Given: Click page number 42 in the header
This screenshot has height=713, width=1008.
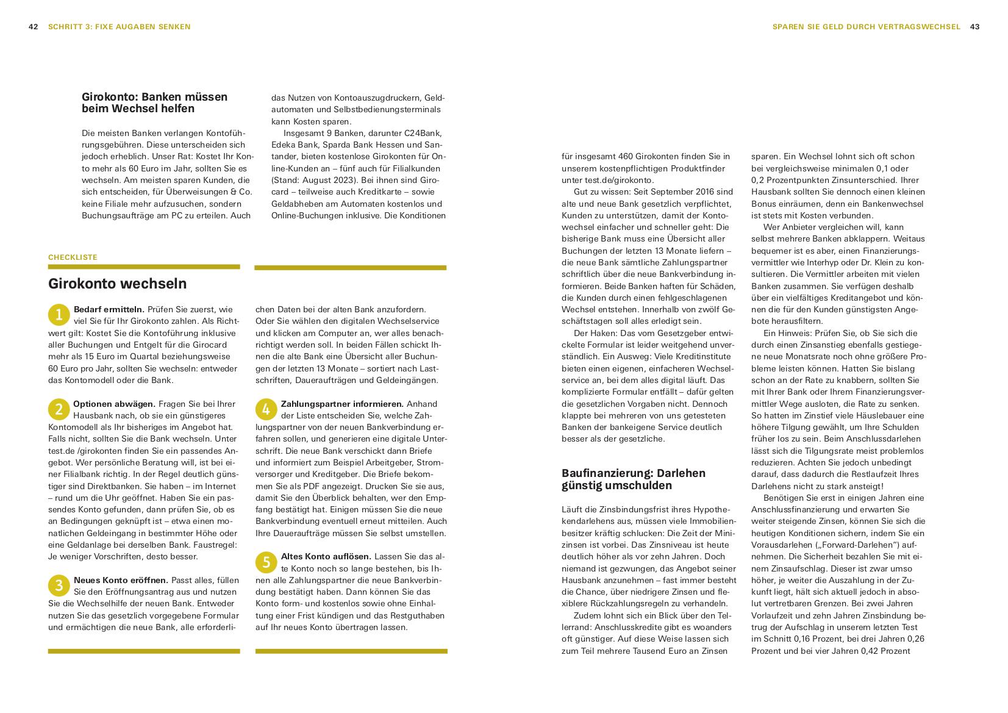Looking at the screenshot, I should (34, 27).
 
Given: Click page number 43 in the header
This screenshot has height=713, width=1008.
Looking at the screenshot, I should (974, 27).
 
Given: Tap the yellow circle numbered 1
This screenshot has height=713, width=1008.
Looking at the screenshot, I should (59, 315).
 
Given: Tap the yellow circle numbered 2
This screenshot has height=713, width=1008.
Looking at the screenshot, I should (59, 409).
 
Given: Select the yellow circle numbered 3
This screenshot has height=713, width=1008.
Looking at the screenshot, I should (59, 586).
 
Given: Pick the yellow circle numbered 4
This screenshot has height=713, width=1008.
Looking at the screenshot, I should (266, 409).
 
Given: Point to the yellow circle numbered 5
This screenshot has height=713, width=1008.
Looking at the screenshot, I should (266, 562).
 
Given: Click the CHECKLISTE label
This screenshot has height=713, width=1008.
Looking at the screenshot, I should (73, 257).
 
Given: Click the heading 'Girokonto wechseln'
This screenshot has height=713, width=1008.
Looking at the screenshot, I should (117, 284).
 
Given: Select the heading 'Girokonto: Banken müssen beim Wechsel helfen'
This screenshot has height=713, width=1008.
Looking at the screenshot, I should (154, 102).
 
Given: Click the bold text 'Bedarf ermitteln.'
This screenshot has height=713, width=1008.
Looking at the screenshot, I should (109, 309).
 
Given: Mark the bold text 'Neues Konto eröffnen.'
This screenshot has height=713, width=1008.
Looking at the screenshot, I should (121, 580).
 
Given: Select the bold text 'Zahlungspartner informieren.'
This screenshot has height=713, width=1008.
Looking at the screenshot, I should (341, 404).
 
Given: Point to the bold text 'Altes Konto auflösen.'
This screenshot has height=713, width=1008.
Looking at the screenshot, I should (326, 556).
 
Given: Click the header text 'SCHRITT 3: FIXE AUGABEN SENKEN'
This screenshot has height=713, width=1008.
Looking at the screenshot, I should (120, 27).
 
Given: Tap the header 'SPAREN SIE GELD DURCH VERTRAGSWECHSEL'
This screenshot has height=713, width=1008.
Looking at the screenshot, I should (866, 27).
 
